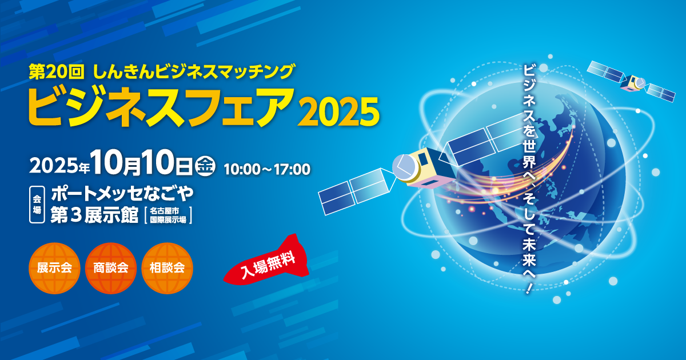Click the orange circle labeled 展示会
[54, 268]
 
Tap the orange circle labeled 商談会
[111, 268]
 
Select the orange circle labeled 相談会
[167, 268]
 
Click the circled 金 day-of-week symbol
[205, 166]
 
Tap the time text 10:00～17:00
[267, 170]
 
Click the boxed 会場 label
[37, 205]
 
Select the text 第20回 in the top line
[57, 72]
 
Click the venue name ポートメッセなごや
[122, 194]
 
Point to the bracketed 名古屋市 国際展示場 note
[168, 215]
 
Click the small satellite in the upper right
[631, 81]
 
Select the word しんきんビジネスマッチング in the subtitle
[194, 72]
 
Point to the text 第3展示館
[94, 215]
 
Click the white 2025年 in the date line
[59, 166]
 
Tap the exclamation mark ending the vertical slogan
[529, 288]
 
